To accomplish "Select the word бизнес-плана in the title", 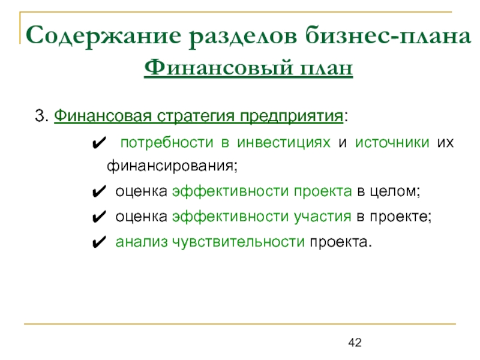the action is point(388,35).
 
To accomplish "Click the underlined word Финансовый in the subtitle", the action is point(218,67).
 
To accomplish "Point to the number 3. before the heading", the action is point(41,116).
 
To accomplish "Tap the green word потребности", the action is point(167,143).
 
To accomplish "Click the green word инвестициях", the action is point(284,143).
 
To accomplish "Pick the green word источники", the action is point(392,143).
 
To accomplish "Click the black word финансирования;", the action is point(172,167).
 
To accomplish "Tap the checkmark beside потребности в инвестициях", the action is point(99,143).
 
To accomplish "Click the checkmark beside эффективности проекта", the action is point(99,191).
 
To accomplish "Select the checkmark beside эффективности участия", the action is point(99,217).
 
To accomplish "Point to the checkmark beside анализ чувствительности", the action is point(99,242).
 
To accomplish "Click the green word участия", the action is point(323,217).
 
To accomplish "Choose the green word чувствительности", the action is point(238,242).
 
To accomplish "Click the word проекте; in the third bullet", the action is point(401,217).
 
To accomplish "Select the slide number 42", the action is point(355,342).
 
